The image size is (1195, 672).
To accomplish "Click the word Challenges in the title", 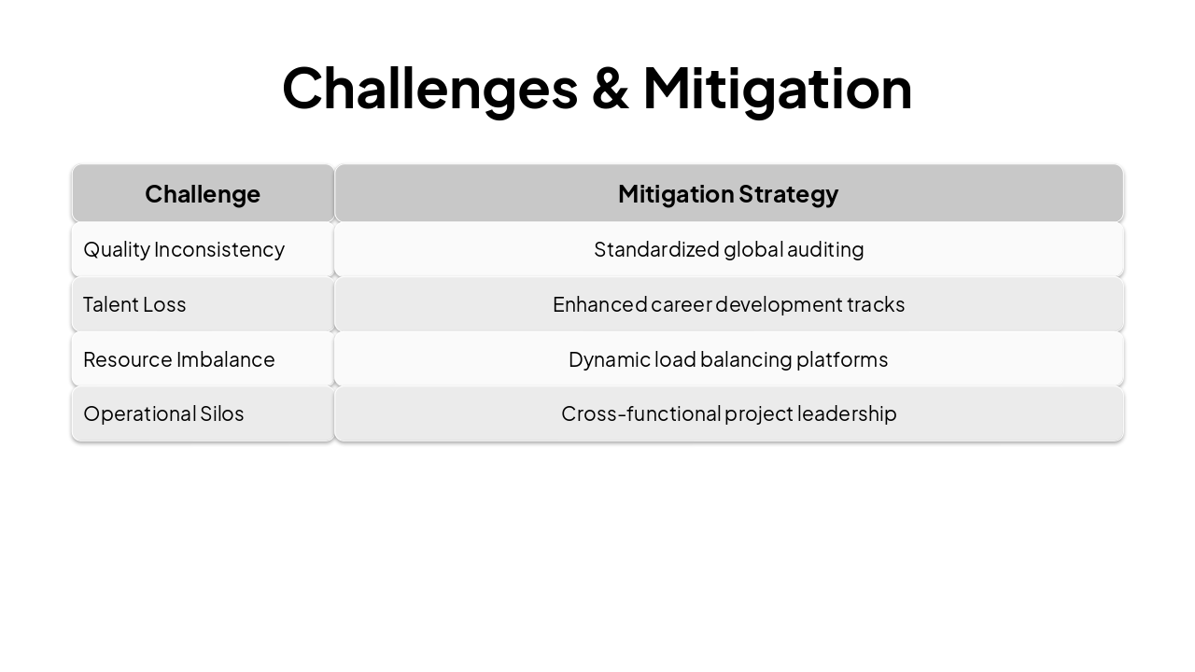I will click(x=429, y=89).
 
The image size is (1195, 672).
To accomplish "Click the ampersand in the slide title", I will click(x=610, y=89).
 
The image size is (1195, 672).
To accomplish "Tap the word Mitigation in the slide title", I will click(x=777, y=89).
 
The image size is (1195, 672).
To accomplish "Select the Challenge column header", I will click(x=203, y=194).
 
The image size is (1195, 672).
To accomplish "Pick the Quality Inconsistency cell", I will click(x=184, y=249).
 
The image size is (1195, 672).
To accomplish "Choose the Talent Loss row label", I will click(x=134, y=304).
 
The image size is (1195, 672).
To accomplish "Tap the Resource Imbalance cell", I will click(x=179, y=359).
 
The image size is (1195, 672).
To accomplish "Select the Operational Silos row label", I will click(x=163, y=413).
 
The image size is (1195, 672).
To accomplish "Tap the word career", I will click(x=682, y=304).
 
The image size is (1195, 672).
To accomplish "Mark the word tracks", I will click(x=876, y=304).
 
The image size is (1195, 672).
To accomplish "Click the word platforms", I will click(x=842, y=359).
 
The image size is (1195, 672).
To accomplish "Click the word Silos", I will click(x=222, y=413).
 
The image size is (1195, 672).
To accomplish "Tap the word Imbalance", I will click(x=226, y=359).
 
